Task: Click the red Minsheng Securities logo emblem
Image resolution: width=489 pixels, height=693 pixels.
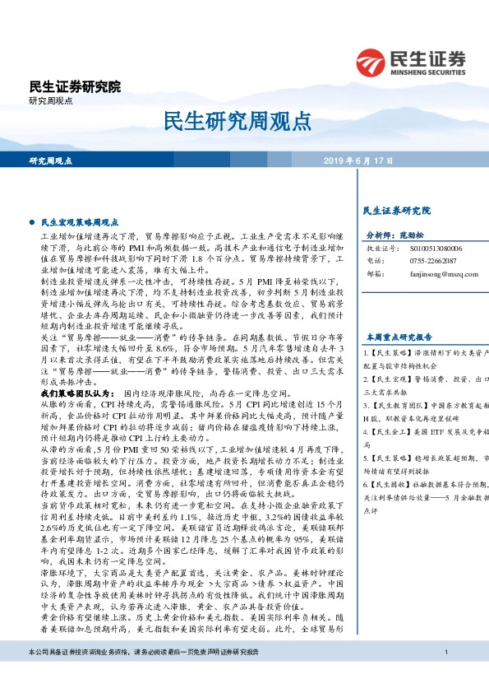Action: pos(371,62)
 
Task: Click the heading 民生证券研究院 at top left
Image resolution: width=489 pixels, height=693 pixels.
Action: pos(75,86)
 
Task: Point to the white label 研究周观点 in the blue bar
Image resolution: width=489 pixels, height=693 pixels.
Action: pos(51,160)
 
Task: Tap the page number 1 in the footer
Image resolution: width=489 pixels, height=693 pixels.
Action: pos(445,676)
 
